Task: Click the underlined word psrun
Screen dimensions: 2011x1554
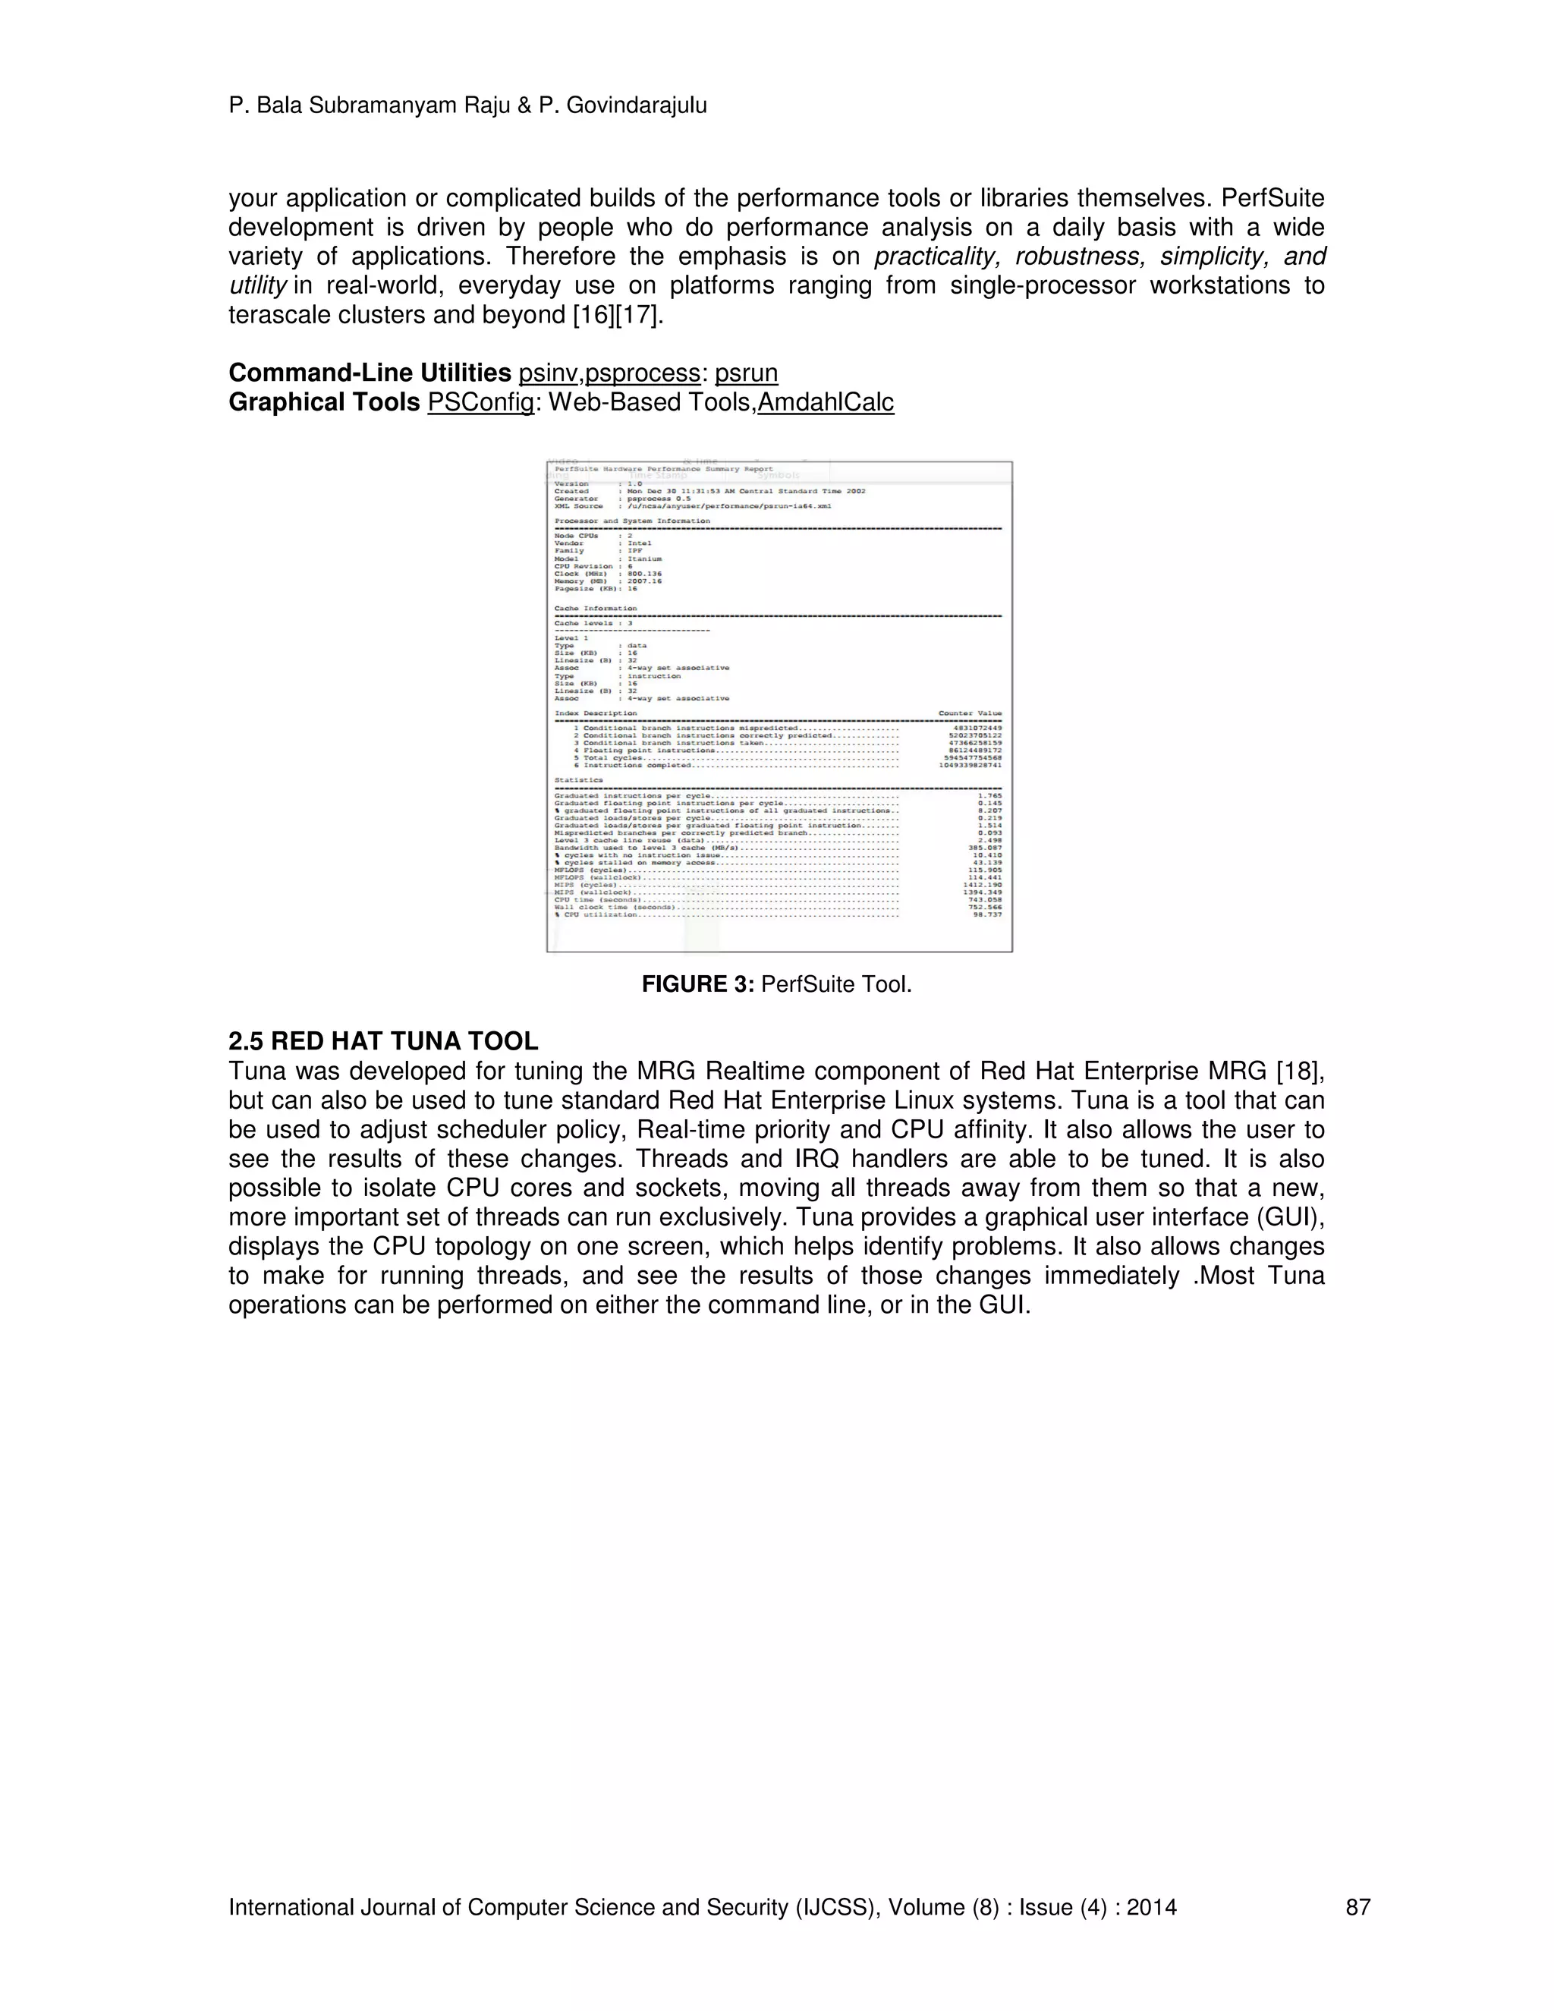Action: (x=746, y=373)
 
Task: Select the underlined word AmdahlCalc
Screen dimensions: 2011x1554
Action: (x=826, y=402)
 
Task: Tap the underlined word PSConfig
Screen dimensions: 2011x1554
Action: (x=480, y=402)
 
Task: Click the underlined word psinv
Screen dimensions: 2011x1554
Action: (x=548, y=373)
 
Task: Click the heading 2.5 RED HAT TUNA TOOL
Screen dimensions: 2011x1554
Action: (x=383, y=1041)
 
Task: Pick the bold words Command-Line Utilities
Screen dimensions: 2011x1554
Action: (x=370, y=373)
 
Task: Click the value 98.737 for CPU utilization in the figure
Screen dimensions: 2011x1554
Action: (x=987, y=914)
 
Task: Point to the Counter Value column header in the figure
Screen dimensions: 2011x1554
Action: (x=970, y=713)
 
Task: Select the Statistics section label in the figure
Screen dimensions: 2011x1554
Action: (x=578, y=780)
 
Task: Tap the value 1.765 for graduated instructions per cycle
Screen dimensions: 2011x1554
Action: (x=989, y=795)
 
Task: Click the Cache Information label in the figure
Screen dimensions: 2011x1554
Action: (x=595, y=609)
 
